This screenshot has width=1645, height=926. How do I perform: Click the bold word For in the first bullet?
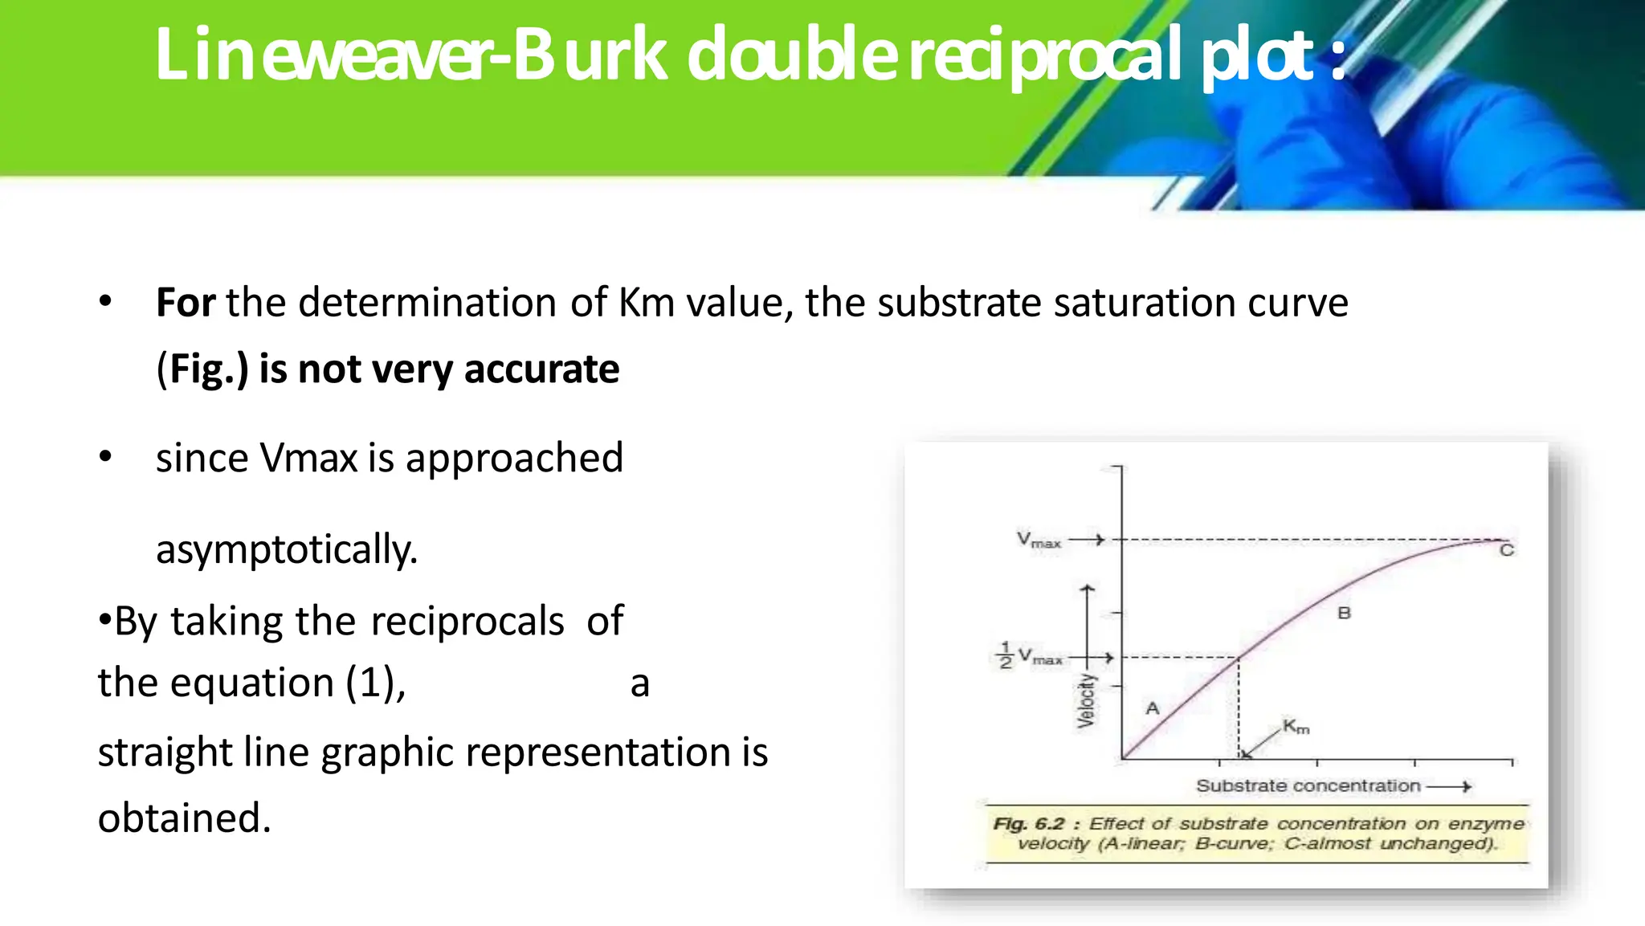point(185,303)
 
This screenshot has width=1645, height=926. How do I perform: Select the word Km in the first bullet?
point(646,303)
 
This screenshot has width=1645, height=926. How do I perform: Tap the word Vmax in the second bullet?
point(308,458)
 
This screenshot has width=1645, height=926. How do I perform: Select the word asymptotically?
point(287,549)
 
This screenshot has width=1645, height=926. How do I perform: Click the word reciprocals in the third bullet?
point(467,621)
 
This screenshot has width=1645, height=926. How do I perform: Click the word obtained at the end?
point(184,818)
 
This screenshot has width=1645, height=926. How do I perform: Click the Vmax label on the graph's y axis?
point(1039,540)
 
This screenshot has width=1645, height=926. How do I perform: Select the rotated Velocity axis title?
point(1086,701)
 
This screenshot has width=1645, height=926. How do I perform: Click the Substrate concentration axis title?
point(1308,785)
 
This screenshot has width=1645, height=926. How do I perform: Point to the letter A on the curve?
point(1153,708)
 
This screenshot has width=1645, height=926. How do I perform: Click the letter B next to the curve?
point(1344,614)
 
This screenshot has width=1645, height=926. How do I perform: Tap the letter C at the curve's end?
point(1507,550)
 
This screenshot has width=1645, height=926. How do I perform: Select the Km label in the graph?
point(1296,727)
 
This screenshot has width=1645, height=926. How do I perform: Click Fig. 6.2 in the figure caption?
point(1028,824)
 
